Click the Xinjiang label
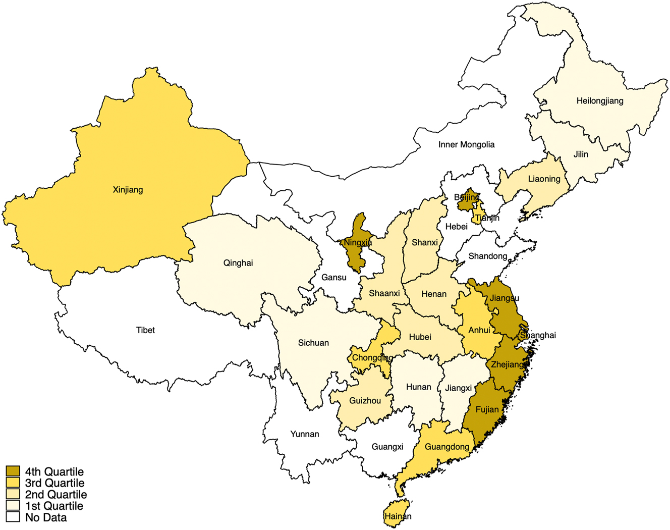[128, 190]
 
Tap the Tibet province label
[145, 330]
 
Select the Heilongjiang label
[600, 101]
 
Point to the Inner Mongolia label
[466, 145]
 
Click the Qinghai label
[238, 263]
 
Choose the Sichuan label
[313, 343]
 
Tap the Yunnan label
[305, 434]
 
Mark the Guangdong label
[446, 447]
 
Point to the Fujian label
[487, 410]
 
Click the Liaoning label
[544, 179]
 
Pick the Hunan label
[419, 387]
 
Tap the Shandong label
[487, 256]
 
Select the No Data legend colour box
[13, 517]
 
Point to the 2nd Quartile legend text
[56, 495]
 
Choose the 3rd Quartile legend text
[55, 483]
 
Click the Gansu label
[334, 277]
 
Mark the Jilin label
[581, 154]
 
